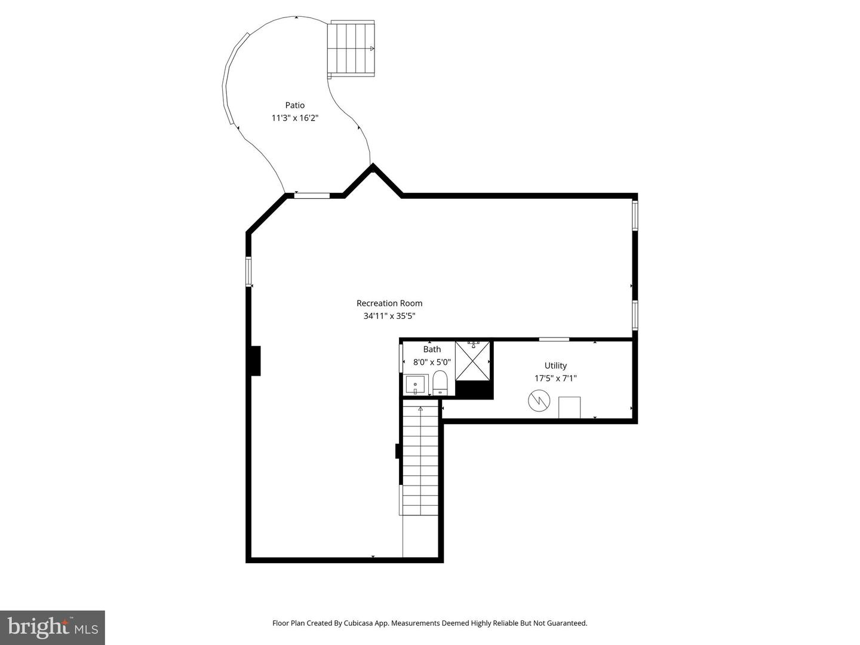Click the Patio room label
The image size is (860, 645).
click(294, 105)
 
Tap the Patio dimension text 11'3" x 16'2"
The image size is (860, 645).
click(294, 118)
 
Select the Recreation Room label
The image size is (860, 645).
click(389, 303)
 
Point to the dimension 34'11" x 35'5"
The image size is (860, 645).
click(389, 317)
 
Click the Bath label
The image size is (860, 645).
click(432, 349)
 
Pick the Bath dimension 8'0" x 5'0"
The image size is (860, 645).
click(432, 362)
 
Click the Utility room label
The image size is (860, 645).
click(555, 365)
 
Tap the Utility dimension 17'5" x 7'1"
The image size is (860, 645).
click(555, 378)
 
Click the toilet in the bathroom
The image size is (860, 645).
click(440, 382)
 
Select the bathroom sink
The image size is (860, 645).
click(415, 385)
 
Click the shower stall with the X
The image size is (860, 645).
click(473, 361)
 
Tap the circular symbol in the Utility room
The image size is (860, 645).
click(537, 401)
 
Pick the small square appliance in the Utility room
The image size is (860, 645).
click(569, 407)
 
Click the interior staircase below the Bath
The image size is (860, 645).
click(420, 460)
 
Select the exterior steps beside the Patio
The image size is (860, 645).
click(352, 48)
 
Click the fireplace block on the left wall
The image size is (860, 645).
click(255, 361)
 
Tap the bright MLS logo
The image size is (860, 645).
click(52, 627)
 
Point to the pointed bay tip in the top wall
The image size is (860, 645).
click(373, 167)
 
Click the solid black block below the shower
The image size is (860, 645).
click(474, 390)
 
